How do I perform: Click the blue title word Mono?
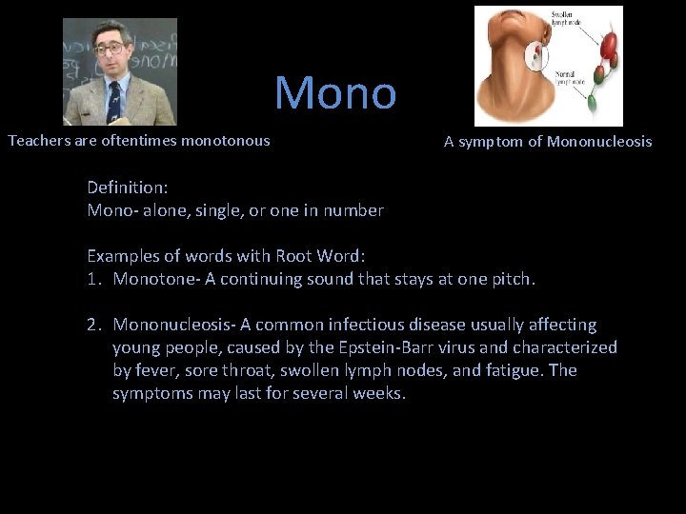tap(335, 92)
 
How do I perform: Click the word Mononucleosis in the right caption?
tap(599, 142)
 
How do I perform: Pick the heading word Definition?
tap(129, 188)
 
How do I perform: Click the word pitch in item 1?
tap(514, 279)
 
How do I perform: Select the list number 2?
tap(92, 325)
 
